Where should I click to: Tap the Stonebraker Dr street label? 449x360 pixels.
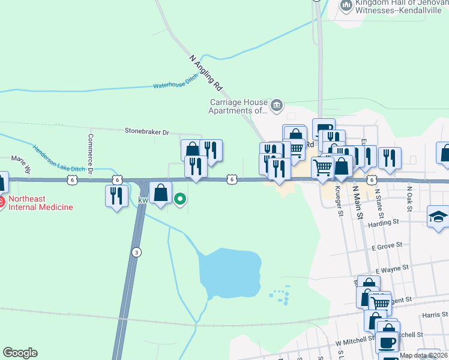(x=147, y=130)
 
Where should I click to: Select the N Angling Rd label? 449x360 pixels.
(x=206, y=73)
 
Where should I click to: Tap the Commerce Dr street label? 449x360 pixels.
(x=90, y=153)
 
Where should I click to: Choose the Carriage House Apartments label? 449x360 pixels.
(x=238, y=106)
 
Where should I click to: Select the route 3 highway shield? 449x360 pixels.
(x=137, y=253)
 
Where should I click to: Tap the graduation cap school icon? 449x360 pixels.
(x=438, y=217)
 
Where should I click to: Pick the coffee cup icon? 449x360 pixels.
(x=387, y=343)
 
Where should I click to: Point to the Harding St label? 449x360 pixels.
(x=384, y=222)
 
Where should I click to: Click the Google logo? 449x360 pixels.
(x=20, y=353)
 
